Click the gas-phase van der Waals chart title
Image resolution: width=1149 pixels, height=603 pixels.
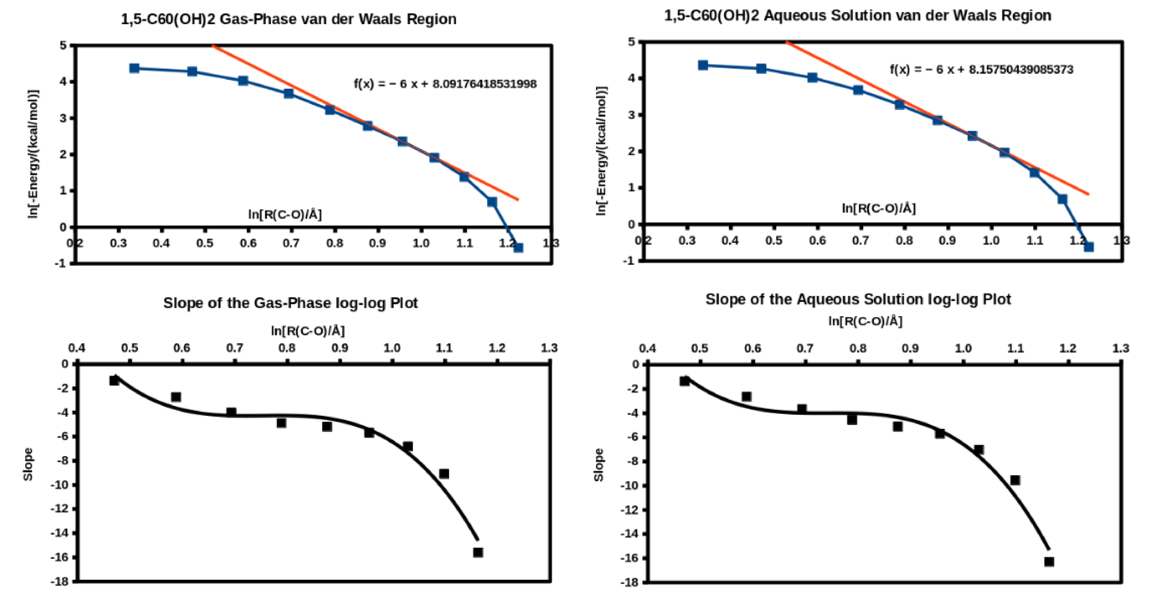point(289,19)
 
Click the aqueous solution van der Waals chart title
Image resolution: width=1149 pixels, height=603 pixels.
point(857,16)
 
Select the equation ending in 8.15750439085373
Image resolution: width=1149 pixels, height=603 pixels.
point(981,70)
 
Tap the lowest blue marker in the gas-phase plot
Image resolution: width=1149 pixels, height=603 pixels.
point(518,248)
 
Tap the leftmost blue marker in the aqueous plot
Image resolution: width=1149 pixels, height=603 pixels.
point(703,65)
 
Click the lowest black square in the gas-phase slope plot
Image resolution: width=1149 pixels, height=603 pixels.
point(478,552)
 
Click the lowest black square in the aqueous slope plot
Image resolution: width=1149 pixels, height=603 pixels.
point(1049,561)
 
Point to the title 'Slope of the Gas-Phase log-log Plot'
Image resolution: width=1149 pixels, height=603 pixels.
point(290,303)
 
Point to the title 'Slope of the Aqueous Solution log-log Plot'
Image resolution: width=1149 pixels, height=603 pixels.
point(858,299)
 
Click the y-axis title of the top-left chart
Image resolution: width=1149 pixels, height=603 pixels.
point(33,154)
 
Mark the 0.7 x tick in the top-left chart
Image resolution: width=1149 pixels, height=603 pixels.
point(291,243)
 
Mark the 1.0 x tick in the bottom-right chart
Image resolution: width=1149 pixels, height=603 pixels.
point(963,348)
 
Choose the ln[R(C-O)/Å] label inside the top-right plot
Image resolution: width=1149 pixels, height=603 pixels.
point(879,208)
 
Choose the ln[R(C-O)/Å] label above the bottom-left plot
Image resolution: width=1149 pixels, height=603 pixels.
point(308,331)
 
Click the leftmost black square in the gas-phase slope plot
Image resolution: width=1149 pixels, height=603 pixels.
point(114,380)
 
